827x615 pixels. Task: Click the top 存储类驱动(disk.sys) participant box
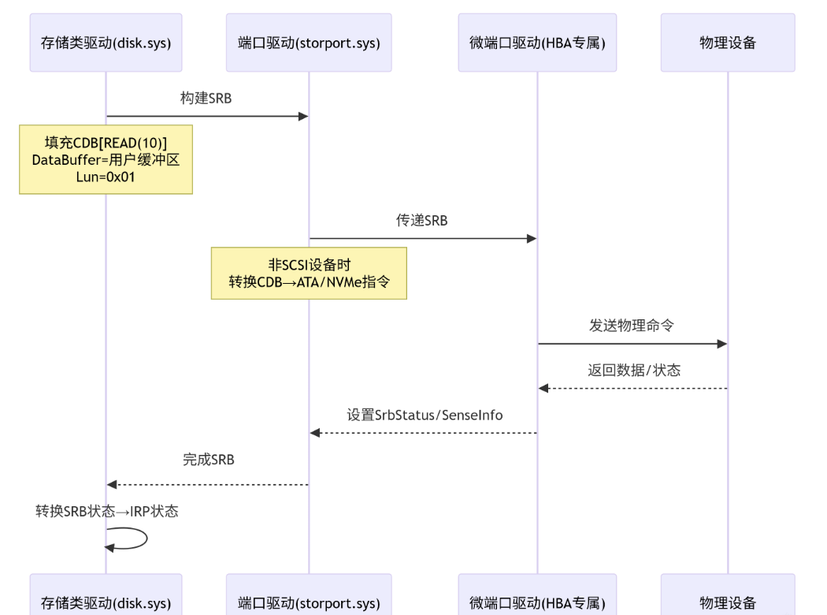pyautogui.click(x=106, y=43)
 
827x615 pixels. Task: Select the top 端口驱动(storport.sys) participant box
pyautogui.click(x=309, y=43)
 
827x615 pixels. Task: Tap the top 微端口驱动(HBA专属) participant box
pyautogui.click(x=537, y=43)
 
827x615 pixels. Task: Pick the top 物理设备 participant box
pyautogui.click(x=727, y=43)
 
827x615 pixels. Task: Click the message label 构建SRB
pyautogui.click(x=206, y=99)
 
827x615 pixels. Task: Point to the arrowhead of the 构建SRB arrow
pyautogui.click(x=303, y=117)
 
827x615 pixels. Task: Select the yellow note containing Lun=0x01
pyautogui.click(x=106, y=159)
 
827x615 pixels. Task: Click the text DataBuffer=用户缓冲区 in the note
pyautogui.click(x=106, y=160)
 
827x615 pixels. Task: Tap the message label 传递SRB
pyautogui.click(x=421, y=221)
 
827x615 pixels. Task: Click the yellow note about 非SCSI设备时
pyautogui.click(x=309, y=273)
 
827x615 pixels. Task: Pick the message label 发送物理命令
pyautogui.click(x=631, y=326)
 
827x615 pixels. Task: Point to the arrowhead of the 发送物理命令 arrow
pyautogui.click(x=721, y=344)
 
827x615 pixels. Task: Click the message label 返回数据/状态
pyautogui.click(x=633, y=370)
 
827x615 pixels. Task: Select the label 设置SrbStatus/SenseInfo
pyautogui.click(x=425, y=415)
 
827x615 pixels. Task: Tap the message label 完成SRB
pyautogui.click(x=208, y=460)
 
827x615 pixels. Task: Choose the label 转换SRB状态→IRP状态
pyautogui.click(x=107, y=511)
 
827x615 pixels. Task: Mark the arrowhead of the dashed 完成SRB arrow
pyautogui.click(x=112, y=484)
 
